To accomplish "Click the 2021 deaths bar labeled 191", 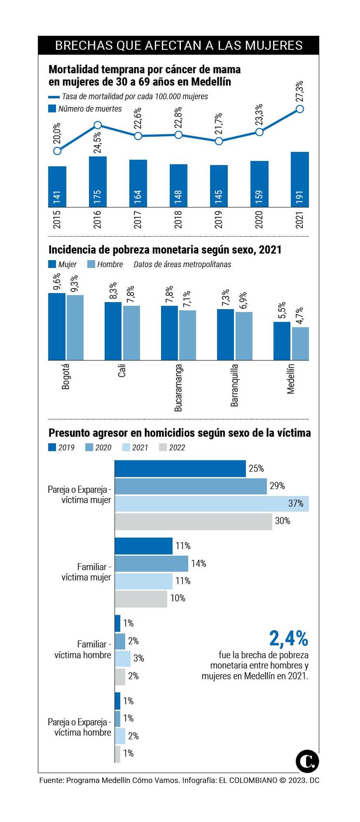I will click(300, 180).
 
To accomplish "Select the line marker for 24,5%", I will click(98, 125).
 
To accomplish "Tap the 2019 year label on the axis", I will click(219, 219).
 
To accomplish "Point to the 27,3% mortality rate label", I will click(300, 91).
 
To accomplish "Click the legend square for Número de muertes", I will click(52, 109).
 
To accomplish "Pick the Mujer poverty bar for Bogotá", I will click(57, 326).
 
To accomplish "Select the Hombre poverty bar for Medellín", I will click(300, 344).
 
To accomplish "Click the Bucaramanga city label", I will click(178, 388).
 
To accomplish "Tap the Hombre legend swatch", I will click(91, 264).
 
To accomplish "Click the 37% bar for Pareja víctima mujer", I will click(212, 503).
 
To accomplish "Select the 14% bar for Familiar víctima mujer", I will click(151, 563).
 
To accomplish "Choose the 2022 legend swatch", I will click(163, 447).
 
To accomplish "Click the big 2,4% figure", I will click(288, 638).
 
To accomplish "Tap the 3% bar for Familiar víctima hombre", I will click(122, 658).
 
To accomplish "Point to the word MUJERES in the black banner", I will click(274, 45).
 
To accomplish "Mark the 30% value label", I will click(282, 521).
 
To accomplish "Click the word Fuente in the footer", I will click(51, 780).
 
